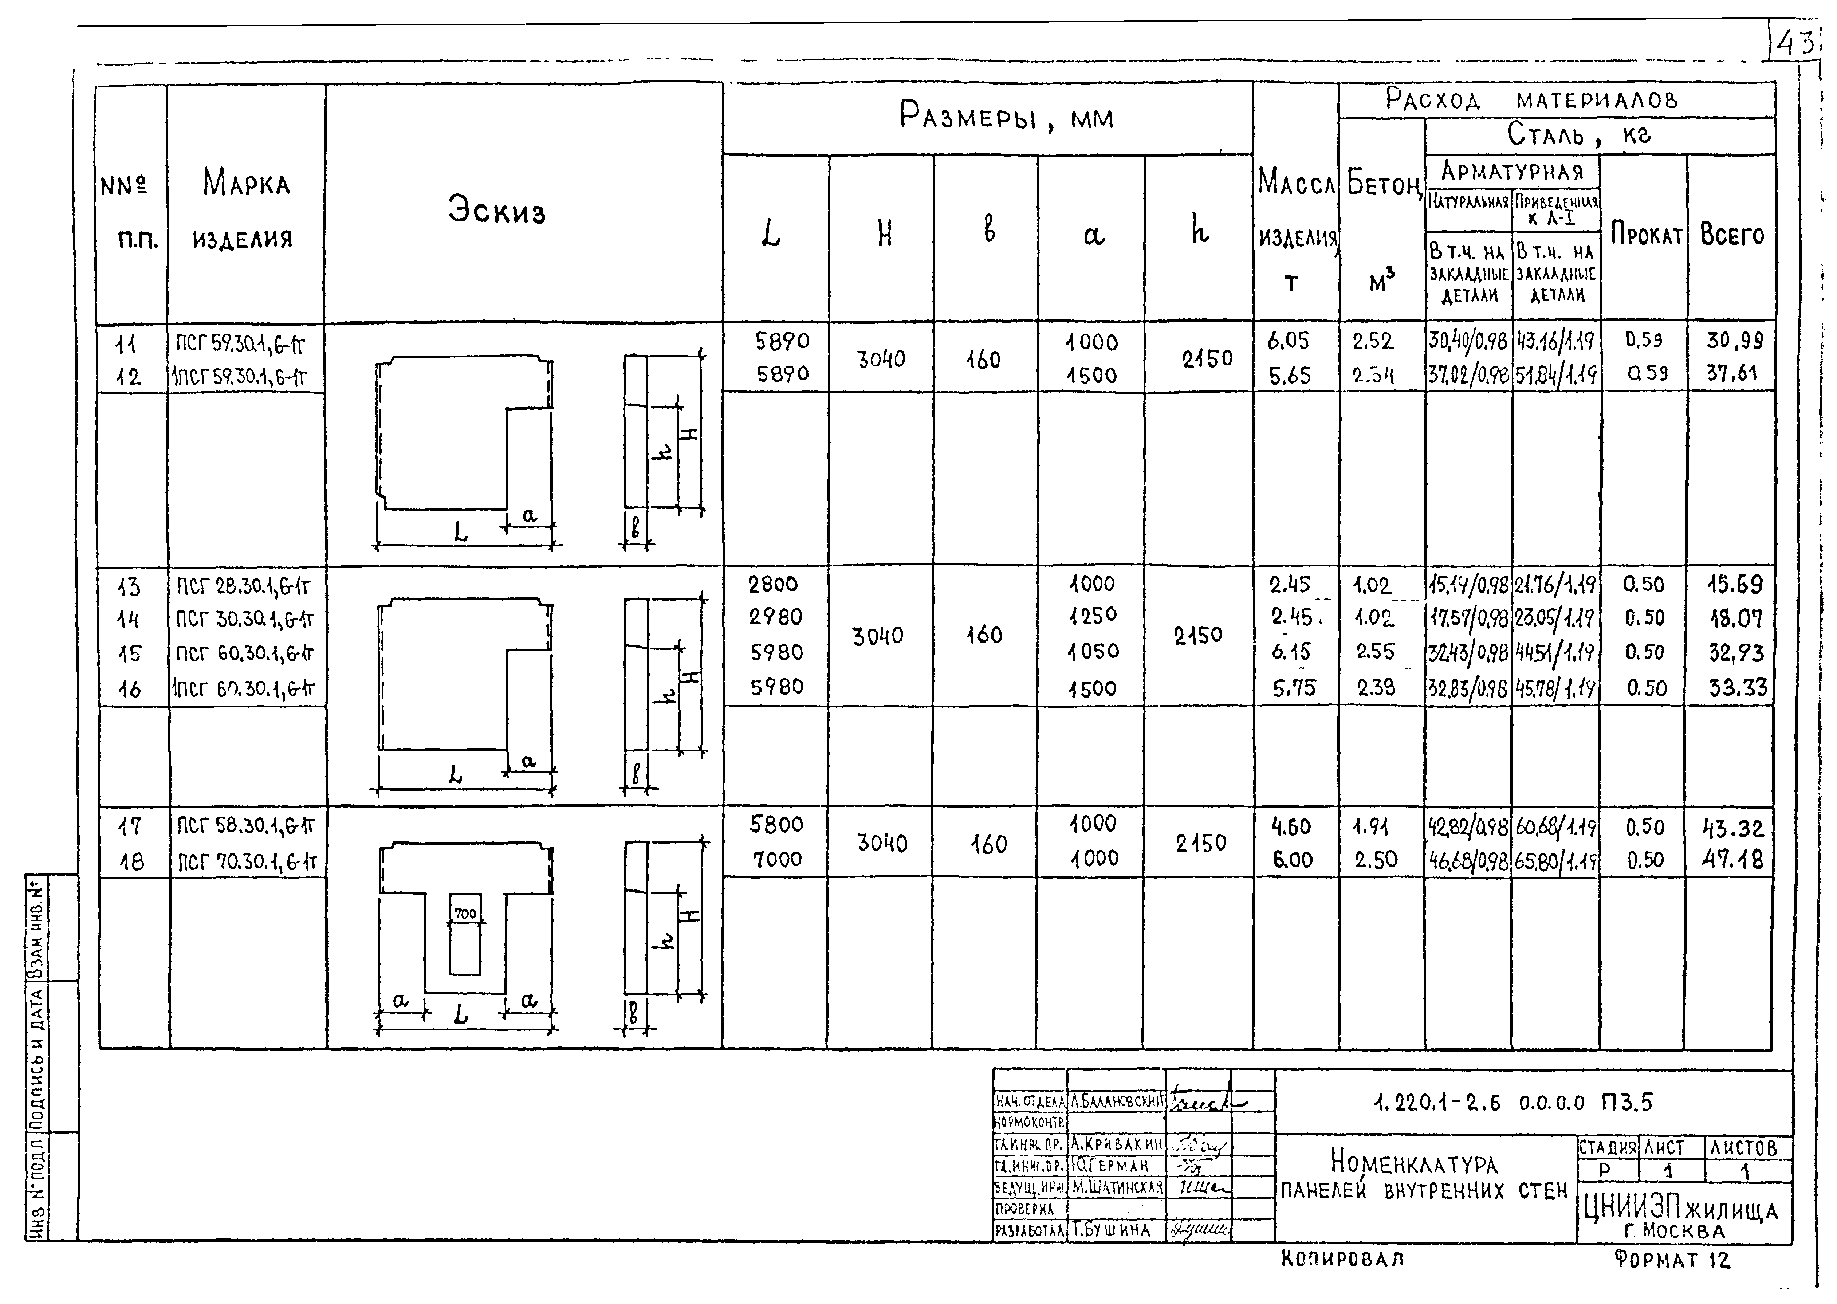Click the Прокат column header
point(1646,235)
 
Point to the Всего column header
point(1732,235)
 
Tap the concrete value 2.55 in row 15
point(1375,651)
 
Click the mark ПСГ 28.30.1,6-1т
point(243,586)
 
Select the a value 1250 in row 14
point(1093,616)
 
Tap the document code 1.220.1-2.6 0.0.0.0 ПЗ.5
point(1513,1103)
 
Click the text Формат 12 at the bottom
point(1672,1260)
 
